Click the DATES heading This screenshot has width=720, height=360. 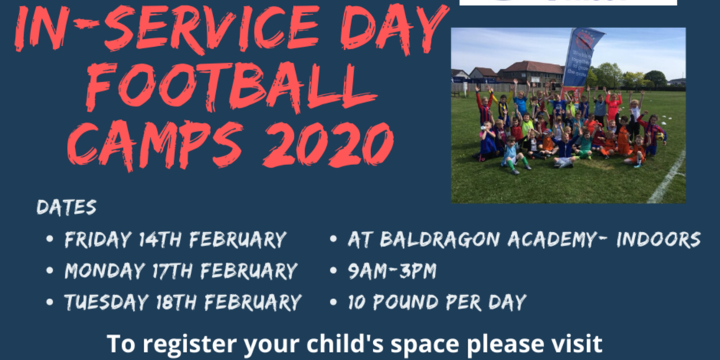click(x=66, y=207)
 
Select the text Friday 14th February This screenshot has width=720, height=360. click(x=176, y=240)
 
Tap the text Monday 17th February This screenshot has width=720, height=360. click(x=181, y=271)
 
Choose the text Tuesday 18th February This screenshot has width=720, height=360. click(x=183, y=302)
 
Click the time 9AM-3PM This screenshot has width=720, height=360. click(x=392, y=271)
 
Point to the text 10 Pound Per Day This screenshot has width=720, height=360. click(x=437, y=302)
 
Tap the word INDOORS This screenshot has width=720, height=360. click(x=658, y=240)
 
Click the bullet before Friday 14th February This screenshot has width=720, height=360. click(x=50, y=240)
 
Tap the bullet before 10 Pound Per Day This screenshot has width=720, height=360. click(x=334, y=303)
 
